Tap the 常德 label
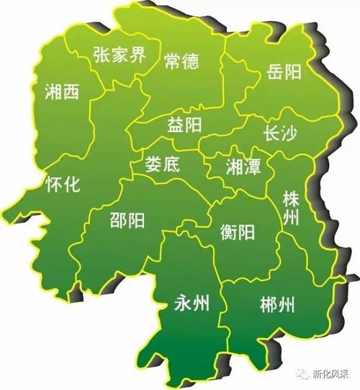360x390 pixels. (181, 61)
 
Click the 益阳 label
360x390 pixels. (184, 125)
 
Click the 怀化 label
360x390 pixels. (60, 182)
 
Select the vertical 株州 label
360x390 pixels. (291, 208)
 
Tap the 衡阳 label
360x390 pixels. (238, 232)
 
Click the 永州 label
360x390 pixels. (192, 303)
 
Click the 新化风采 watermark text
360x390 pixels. (332, 375)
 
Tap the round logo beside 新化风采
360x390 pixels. (301, 375)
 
